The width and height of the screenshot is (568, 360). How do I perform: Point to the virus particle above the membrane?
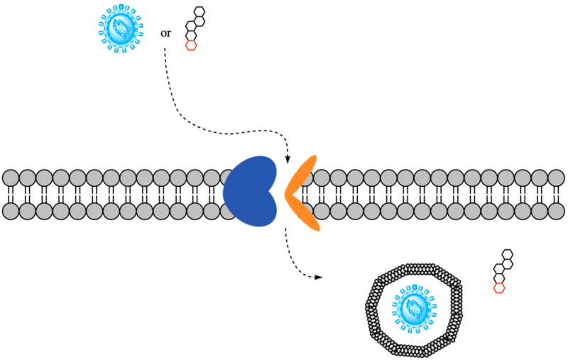[121, 28]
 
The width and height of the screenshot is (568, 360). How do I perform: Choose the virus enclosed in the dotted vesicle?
[414, 309]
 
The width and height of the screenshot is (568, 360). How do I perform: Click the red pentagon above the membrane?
[191, 45]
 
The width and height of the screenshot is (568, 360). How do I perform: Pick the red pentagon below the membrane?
[499, 288]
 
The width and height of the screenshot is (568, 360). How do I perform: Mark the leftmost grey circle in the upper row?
[11, 178]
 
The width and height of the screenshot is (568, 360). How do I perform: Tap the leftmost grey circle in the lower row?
[11, 211]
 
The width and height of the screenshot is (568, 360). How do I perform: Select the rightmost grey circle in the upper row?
[556, 178]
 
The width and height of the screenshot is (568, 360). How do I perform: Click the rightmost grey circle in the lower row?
[556, 211]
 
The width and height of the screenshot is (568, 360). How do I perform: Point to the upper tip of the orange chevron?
[314, 157]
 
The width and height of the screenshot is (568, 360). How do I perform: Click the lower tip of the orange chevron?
[317, 229]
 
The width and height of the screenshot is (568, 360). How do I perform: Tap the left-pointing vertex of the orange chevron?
[285, 193]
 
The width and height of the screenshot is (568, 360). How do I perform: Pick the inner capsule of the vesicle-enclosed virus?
[415, 309]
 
